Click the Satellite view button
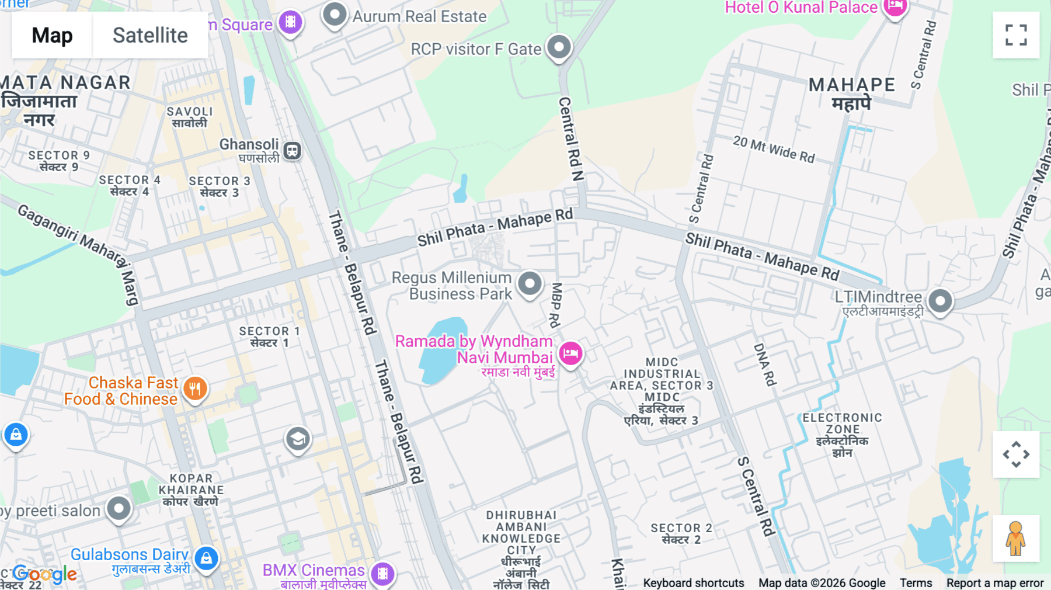pyautogui.click(x=150, y=35)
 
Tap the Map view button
pyautogui.click(x=52, y=35)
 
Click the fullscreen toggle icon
pyautogui.click(x=1016, y=35)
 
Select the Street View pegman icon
pyautogui.click(x=1015, y=539)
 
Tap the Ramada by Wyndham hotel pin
pyautogui.click(x=570, y=353)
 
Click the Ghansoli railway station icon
pyautogui.click(x=292, y=151)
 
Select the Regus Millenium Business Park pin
pyautogui.click(x=530, y=284)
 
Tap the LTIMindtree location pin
pyautogui.click(x=940, y=301)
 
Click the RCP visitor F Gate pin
pyautogui.click(x=559, y=47)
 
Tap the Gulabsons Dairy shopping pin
pyautogui.click(x=206, y=558)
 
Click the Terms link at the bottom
pyautogui.click(x=916, y=582)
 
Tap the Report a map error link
pyautogui.click(x=995, y=582)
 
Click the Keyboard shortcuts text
pyautogui.click(x=693, y=582)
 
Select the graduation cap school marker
pyautogui.click(x=298, y=439)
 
